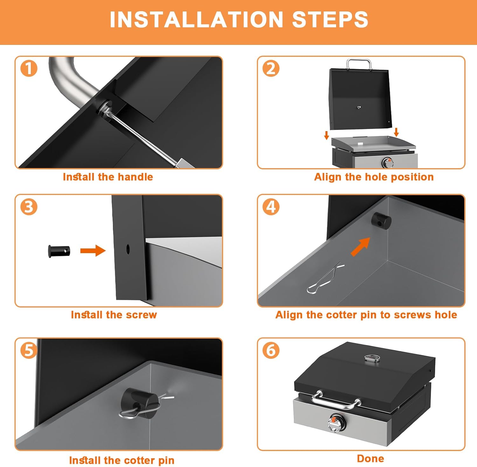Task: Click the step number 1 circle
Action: pyautogui.click(x=29, y=68)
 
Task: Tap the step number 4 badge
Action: pyautogui.click(x=271, y=207)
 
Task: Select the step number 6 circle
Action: pyautogui.click(x=271, y=350)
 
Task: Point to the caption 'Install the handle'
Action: pyautogui.click(x=108, y=177)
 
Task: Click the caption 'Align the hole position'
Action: pyautogui.click(x=374, y=177)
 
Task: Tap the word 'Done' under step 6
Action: pyautogui.click(x=370, y=458)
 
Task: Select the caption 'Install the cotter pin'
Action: pyautogui.click(x=122, y=460)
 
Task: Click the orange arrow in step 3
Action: pyautogui.click(x=93, y=251)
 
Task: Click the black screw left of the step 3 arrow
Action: pyautogui.click(x=59, y=251)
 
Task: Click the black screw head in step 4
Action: pyautogui.click(x=381, y=221)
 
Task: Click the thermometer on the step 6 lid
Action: pyautogui.click(x=373, y=359)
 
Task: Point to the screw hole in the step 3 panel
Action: pyautogui.click(x=128, y=249)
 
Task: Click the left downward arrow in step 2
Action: pyautogui.click(x=326, y=135)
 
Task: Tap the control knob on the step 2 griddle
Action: pyautogui.click(x=388, y=163)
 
